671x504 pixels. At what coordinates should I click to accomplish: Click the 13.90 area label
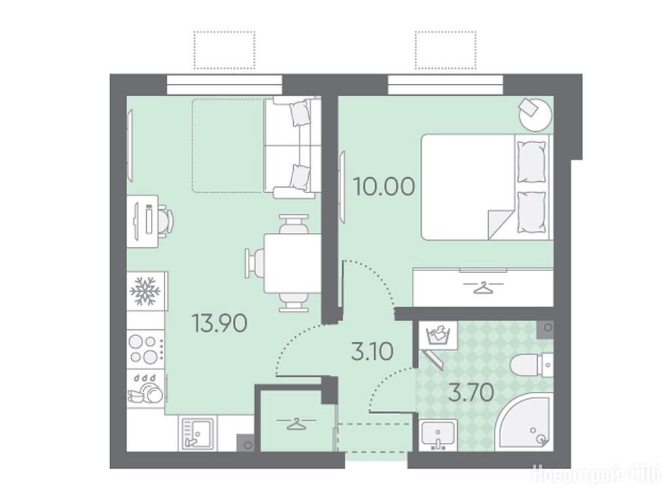[220, 323]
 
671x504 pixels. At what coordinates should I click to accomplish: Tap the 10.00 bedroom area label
[384, 186]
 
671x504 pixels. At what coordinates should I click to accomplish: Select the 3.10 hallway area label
[372, 352]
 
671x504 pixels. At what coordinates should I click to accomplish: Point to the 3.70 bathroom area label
[471, 392]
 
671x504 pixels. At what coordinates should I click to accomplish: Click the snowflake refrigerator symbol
[145, 291]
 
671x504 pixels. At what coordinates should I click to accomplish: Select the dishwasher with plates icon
[146, 388]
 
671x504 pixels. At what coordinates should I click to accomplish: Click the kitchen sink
[197, 433]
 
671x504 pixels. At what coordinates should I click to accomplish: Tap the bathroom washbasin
[438, 434]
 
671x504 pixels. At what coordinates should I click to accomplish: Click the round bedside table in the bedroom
[535, 114]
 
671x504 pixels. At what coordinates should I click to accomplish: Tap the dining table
[293, 263]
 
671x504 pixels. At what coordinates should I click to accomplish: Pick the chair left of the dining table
[254, 263]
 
